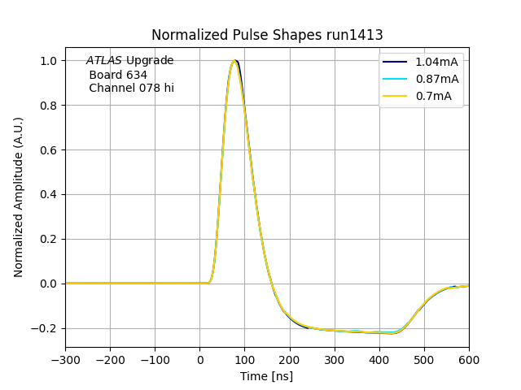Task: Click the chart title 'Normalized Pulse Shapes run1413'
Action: pyautogui.click(x=267, y=36)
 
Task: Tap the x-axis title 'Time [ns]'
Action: pyautogui.click(x=267, y=376)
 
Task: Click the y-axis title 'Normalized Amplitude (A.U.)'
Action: pyautogui.click(x=19, y=197)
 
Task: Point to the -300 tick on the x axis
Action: pyautogui.click(x=65, y=359)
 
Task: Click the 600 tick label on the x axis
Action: pyautogui.click(x=469, y=359)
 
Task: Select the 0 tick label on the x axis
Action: pyautogui.click(x=199, y=359)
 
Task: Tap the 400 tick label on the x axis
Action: pyautogui.click(x=379, y=359)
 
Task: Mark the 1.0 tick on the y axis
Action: pyautogui.click(x=49, y=61)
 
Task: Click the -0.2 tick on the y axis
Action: pyautogui.click(x=46, y=328)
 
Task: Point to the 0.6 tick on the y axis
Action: pyautogui.click(x=49, y=150)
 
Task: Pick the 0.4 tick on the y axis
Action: pyautogui.click(x=49, y=195)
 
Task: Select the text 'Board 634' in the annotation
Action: pyautogui.click(x=118, y=75)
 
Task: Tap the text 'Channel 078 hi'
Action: pyautogui.click(x=131, y=89)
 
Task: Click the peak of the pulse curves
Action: pyautogui.click(x=234, y=61)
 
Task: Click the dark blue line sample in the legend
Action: pyautogui.click(x=395, y=63)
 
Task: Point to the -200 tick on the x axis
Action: pyautogui.click(x=110, y=359)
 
